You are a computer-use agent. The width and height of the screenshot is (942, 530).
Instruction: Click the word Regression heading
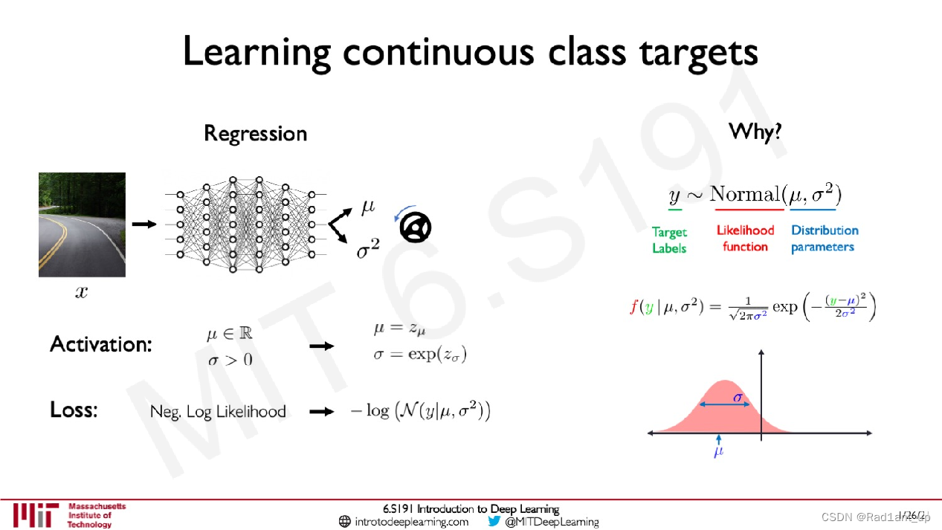(255, 134)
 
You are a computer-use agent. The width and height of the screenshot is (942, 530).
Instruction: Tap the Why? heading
(755, 132)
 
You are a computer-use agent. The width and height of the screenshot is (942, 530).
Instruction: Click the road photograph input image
(82, 224)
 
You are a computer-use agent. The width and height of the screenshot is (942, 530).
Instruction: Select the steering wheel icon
(416, 227)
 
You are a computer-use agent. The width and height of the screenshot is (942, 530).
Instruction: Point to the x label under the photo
(81, 292)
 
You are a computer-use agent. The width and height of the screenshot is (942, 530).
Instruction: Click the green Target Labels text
(669, 240)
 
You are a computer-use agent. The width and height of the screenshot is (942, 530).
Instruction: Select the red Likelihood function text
(745, 239)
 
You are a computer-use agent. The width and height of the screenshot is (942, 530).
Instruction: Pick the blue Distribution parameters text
(824, 239)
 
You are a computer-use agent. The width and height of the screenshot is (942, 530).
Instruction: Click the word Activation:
(100, 345)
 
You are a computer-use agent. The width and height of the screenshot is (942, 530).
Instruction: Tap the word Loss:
(73, 410)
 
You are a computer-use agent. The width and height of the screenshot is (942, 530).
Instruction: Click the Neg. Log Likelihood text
(218, 412)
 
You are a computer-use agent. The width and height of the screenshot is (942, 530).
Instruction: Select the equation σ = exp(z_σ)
(419, 354)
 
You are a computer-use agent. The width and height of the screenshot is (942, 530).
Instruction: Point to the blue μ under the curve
(718, 451)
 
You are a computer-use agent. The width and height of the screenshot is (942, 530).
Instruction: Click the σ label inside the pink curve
(738, 397)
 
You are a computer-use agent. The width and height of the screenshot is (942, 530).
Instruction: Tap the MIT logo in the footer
(35, 514)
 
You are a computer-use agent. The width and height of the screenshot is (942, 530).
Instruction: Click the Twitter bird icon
(494, 521)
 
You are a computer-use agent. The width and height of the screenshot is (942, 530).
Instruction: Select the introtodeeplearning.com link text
(411, 522)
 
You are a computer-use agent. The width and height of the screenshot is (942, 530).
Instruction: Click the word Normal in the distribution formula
(743, 195)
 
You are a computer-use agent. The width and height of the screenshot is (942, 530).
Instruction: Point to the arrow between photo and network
(144, 224)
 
